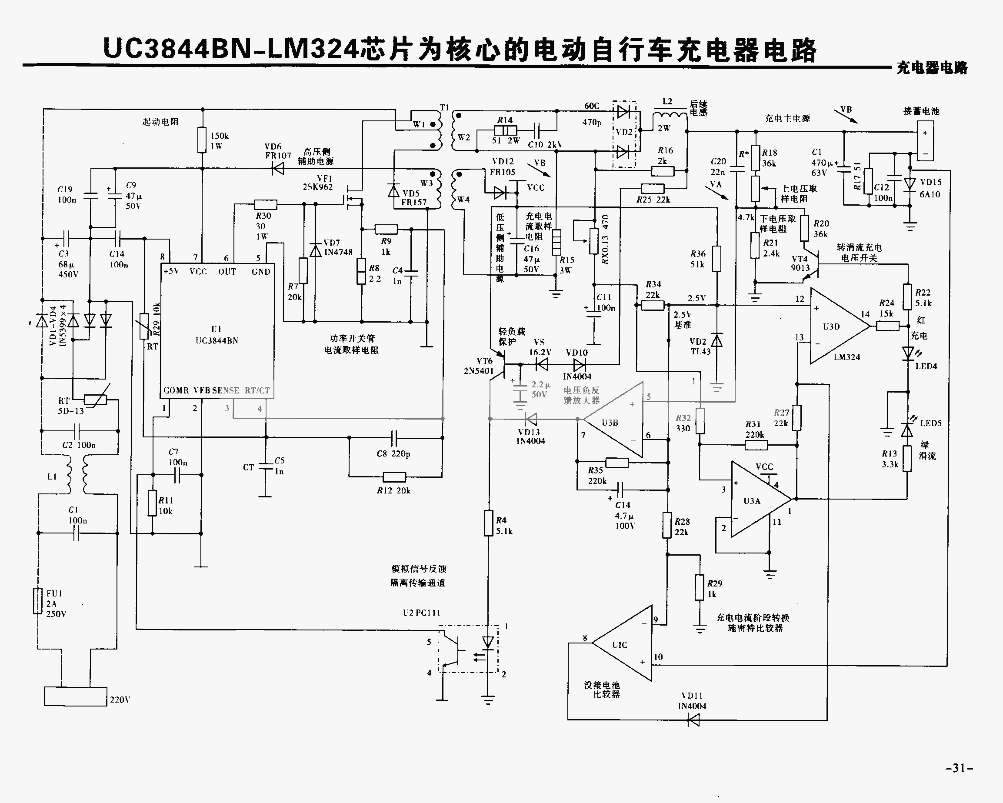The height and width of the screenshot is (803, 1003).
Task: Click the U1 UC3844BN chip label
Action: (x=217, y=335)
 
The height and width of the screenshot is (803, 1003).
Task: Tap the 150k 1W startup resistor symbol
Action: (x=201, y=140)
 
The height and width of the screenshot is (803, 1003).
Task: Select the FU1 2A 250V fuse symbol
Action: (x=38, y=601)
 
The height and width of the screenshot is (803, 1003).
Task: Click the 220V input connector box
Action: (x=75, y=696)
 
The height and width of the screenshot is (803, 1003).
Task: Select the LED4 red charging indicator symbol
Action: (x=908, y=353)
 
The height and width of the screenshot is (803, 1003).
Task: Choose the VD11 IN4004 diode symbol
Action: (x=693, y=720)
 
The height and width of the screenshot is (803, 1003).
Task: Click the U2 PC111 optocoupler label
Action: (x=421, y=613)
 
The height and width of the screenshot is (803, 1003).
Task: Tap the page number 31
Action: (x=959, y=768)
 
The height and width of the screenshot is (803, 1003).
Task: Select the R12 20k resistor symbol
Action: (x=394, y=477)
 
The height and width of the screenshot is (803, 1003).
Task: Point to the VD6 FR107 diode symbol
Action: (x=278, y=169)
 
